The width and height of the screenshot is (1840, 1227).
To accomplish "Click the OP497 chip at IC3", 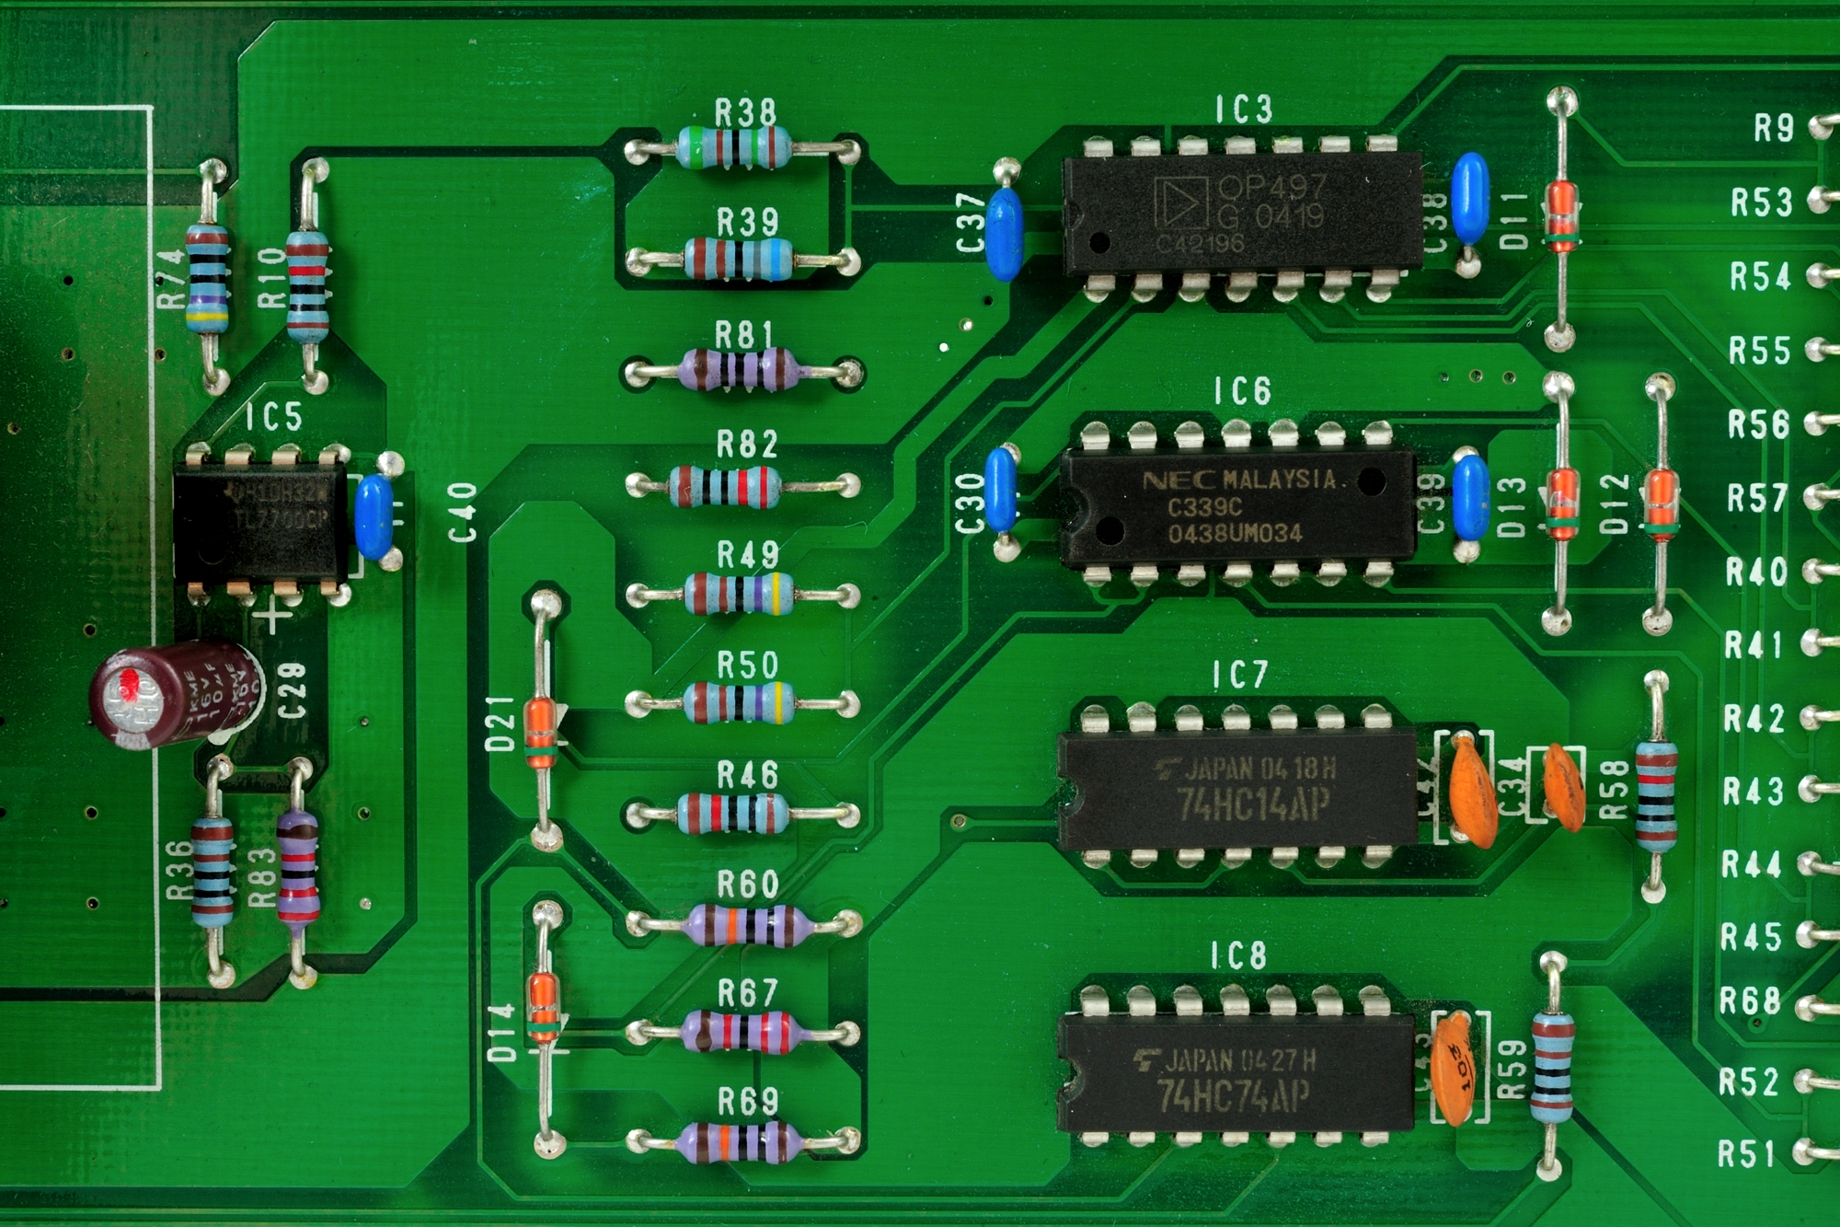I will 1242,214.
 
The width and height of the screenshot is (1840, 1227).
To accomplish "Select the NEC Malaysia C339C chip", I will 1237,506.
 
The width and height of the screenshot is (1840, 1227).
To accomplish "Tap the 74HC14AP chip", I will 1237,790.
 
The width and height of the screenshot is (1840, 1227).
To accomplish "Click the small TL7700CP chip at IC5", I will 260,520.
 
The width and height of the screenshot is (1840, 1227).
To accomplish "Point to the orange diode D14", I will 543,1008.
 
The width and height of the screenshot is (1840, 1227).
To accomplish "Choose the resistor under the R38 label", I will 734,147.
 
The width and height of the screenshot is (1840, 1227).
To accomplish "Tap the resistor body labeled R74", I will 207,278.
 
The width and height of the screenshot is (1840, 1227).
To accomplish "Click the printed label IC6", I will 1242,392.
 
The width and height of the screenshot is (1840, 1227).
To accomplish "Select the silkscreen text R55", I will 1759,351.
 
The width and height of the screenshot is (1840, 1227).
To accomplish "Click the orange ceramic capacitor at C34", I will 1562,787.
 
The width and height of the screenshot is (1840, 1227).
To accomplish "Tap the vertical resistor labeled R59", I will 1552,1068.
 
